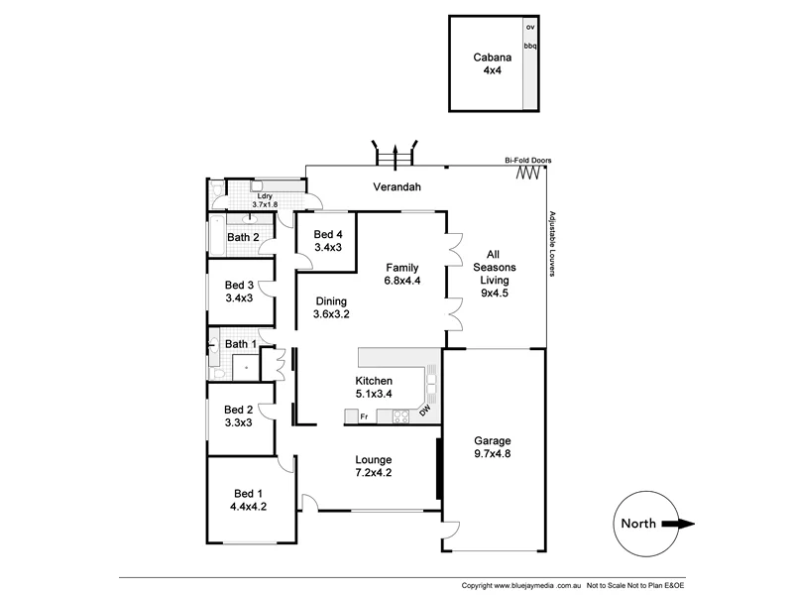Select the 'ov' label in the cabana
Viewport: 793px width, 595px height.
530,27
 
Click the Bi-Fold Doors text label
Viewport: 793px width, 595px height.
527,160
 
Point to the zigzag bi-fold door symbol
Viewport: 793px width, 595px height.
530,174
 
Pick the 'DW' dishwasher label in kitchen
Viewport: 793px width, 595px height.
425,411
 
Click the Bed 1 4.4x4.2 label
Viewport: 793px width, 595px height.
249,501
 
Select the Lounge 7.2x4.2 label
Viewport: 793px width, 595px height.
374,466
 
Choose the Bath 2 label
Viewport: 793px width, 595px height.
243,237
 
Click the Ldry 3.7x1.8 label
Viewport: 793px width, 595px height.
265,199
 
